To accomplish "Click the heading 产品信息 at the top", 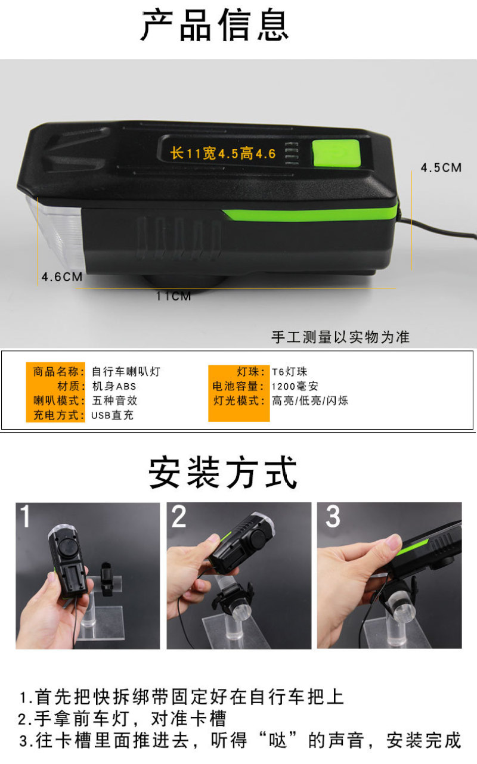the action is pos(215,25).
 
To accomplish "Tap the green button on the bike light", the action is pos(336,154).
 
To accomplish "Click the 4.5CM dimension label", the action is pos(441,167).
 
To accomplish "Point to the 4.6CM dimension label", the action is pos(62,277).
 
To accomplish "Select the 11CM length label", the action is pos(174,296).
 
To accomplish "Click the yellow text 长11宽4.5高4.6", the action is pos(223,154).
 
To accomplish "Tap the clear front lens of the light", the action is pos(56,232).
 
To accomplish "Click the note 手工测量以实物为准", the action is pos(340,337).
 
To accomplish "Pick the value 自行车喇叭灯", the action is pos(126,371).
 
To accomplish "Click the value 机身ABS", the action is pos(114,386).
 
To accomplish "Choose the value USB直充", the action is pos(112,415).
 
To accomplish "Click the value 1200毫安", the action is pos(295,386).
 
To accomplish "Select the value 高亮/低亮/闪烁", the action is pos(310,400).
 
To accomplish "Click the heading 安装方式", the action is pos(223,473).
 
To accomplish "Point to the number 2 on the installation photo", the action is pos(178,517).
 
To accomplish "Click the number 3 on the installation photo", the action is pos(333,516).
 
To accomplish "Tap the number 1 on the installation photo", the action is pos(25,516).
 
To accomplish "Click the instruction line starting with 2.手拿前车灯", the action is pos(122,719).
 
